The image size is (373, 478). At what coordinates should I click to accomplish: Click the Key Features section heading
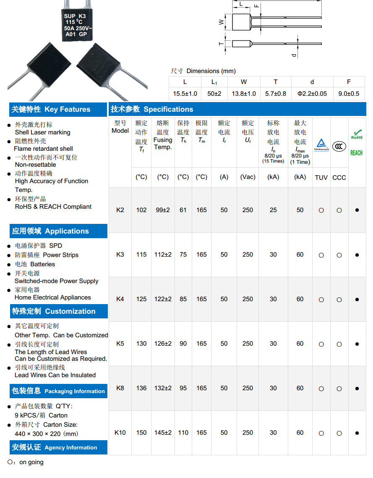coord(51,110)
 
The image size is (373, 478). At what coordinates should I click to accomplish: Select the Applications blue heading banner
coord(50,231)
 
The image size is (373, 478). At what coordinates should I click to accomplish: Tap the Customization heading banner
coord(53,311)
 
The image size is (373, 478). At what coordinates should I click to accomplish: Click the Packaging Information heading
coord(58,391)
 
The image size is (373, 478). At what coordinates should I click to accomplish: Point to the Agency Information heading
coord(55,447)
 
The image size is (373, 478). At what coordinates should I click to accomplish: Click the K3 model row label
coord(120,255)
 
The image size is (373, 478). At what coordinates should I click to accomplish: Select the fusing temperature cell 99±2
coord(163,210)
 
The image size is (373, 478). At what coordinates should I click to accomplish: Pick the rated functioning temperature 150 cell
coord(141,433)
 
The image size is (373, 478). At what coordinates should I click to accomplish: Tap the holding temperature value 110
coord(183,433)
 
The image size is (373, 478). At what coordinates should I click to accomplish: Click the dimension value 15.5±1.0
coord(185,94)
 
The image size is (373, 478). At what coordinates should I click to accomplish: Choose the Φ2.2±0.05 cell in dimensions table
coord(312,94)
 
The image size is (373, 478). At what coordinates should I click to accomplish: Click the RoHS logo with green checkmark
coord(357,135)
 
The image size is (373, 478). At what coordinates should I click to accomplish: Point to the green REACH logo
coord(357,153)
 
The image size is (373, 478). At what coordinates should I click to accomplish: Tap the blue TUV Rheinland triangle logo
coord(321,144)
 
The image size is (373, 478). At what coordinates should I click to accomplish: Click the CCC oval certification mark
coord(339,146)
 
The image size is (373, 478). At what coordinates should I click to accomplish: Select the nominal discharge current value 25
coord(273,210)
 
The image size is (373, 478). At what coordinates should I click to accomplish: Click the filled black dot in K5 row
coord(357,344)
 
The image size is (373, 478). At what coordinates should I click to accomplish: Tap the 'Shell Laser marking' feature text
coord(42,132)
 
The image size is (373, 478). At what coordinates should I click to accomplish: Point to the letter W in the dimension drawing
coord(221,22)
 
